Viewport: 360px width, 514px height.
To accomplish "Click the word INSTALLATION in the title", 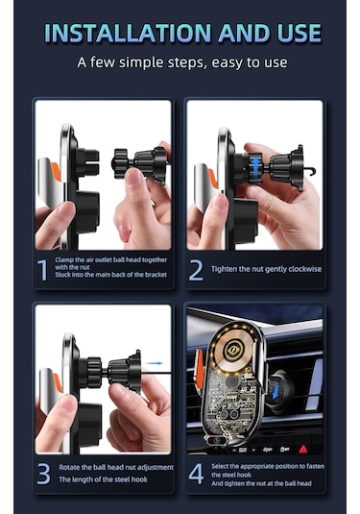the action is pyautogui.click(x=128, y=33).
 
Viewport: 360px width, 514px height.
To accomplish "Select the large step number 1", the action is pyautogui.click(x=43, y=270).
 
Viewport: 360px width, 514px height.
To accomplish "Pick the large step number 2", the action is pyautogui.click(x=196, y=270).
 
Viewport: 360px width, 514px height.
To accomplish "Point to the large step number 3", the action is pyautogui.click(x=43, y=474).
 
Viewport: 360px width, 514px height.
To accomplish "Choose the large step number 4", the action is pyautogui.click(x=196, y=474).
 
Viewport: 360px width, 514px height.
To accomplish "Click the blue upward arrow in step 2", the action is pyautogui.click(x=255, y=167).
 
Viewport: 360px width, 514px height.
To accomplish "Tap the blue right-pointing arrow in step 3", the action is pyautogui.click(x=154, y=363).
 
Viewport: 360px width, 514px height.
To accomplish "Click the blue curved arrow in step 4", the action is pyautogui.click(x=275, y=390).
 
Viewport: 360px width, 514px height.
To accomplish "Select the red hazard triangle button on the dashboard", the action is pyautogui.click(x=303, y=449).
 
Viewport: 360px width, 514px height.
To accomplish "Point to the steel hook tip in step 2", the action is pyautogui.click(x=314, y=171).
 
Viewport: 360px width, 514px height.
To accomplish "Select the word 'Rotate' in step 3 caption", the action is pyautogui.click(x=69, y=467).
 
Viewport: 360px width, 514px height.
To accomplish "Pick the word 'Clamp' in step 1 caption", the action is pyautogui.click(x=64, y=260).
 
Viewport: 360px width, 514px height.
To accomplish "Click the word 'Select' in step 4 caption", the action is pyautogui.click(x=221, y=466).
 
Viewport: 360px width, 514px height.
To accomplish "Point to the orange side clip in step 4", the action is pyautogui.click(x=199, y=367).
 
